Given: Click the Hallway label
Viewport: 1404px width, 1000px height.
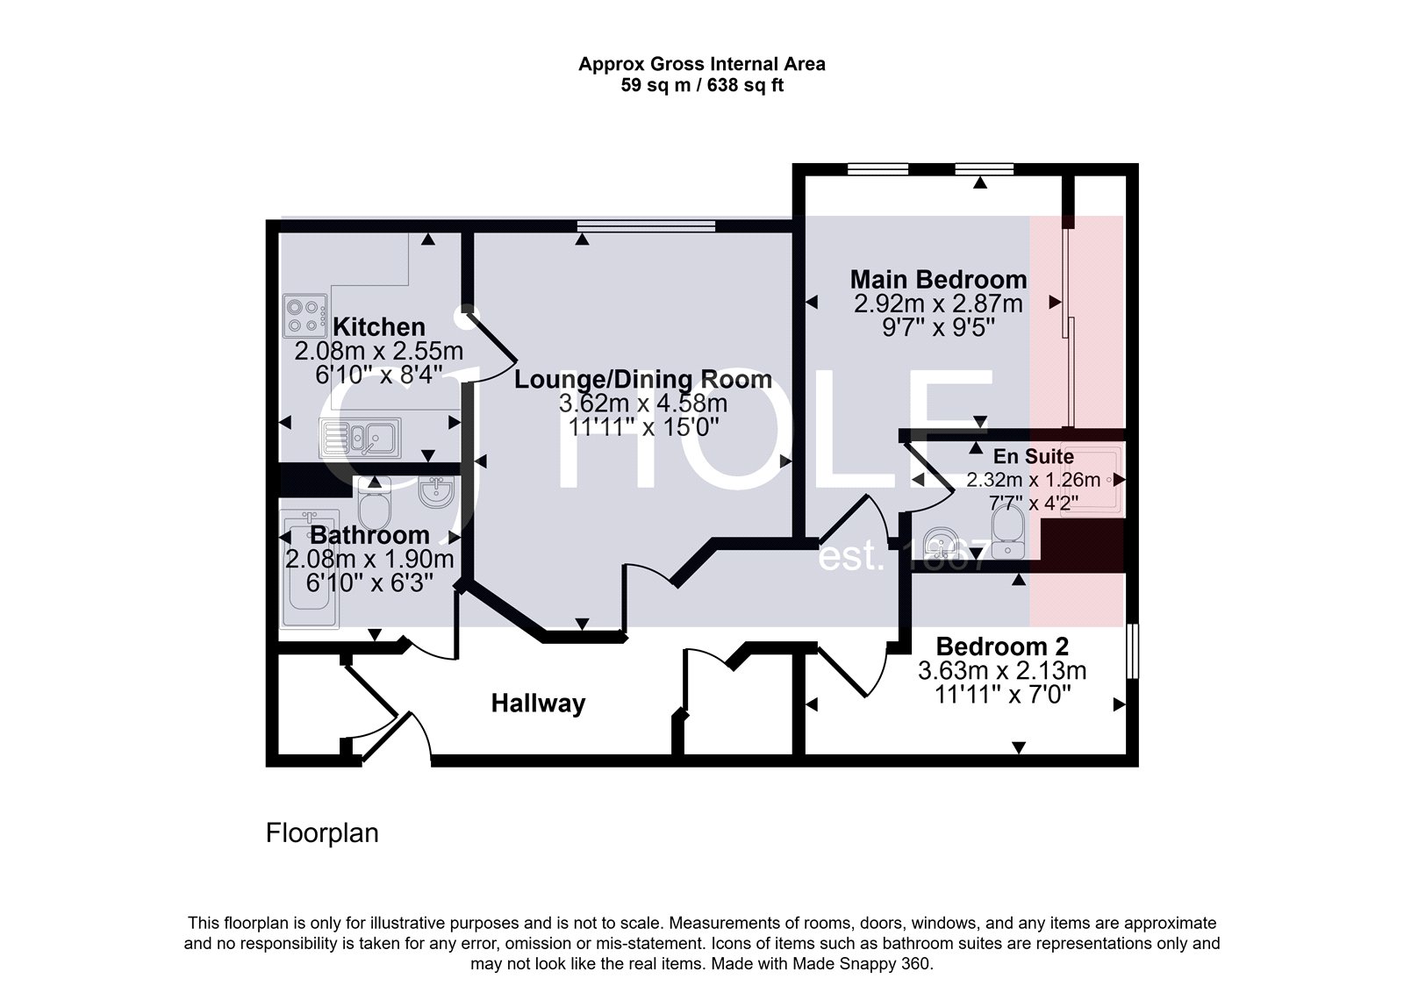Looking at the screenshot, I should tap(537, 704).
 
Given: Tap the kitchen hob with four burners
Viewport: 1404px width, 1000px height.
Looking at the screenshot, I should tap(304, 316).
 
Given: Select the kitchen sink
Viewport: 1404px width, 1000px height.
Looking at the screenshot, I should tap(360, 436).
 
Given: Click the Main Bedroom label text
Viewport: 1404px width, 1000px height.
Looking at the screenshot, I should tap(938, 280).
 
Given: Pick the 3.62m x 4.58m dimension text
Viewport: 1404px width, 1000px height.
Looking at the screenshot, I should tap(642, 404).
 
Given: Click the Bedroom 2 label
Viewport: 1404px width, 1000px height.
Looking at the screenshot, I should tap(1002, 646).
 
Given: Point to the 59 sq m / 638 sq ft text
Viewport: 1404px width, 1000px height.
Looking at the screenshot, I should tap(702, 86).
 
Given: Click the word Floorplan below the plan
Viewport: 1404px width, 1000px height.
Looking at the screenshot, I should tap(322, 832).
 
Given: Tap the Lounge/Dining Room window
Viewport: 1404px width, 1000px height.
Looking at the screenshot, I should tap(646, 226).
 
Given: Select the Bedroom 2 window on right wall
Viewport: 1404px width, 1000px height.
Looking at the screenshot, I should tap(1133, 650).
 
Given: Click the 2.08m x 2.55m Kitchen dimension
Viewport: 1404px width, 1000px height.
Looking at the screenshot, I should tap(378, 352).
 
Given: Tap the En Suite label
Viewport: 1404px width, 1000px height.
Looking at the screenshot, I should tap(1033, 457).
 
